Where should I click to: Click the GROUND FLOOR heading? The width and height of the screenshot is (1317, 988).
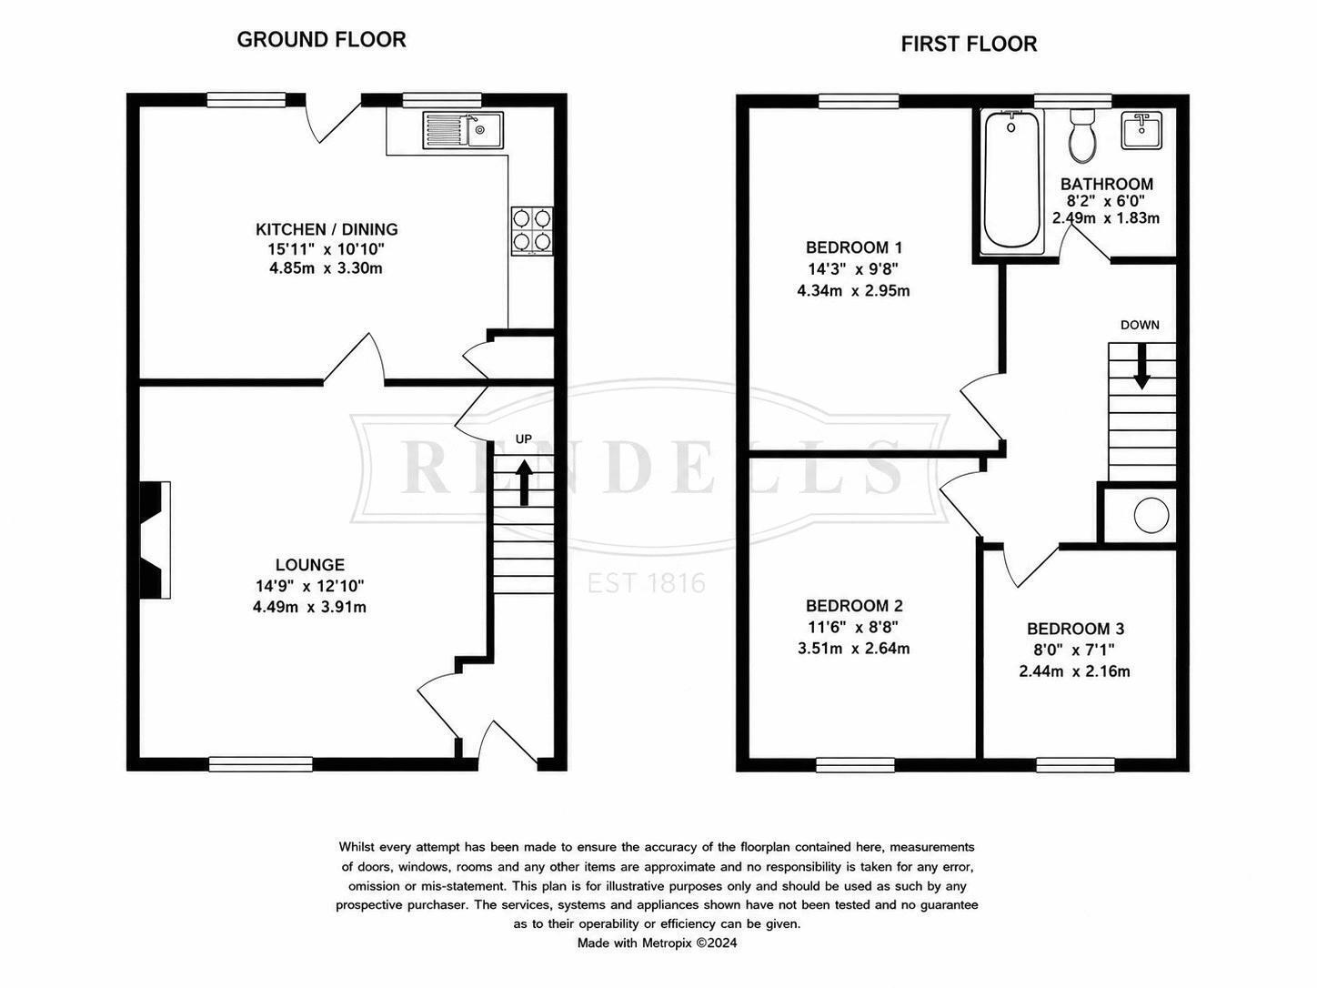(x=322, y=40)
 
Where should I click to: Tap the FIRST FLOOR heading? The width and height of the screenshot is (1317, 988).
(x=969, y=44)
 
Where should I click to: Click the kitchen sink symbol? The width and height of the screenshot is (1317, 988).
(x=463, y=130)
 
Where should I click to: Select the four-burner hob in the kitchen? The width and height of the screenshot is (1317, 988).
(x=532, y=231)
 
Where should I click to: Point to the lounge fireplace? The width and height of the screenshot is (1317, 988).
(x=155, y=539)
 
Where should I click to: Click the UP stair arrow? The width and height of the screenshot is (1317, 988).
(x=525, y=482)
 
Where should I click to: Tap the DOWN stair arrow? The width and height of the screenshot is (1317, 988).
(x=1141, y=366)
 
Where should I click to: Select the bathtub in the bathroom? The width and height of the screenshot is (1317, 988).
(x=1012, y=180)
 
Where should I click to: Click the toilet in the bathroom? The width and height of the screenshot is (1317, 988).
(x=1082, y=136)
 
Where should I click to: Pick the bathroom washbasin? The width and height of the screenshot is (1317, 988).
(x=1141, y=130)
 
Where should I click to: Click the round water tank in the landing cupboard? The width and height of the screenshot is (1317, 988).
(x=1151, y=515)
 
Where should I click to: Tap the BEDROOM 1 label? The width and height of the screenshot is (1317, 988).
(x=854, y=247)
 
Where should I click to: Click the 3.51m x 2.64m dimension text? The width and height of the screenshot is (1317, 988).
(x=853, y=649)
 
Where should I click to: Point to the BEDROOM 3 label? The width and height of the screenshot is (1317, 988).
(x=1075, y=629)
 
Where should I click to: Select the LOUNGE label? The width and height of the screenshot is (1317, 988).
(x=310, y=564)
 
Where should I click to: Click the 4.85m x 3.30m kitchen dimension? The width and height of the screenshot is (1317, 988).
(x=326, y=268)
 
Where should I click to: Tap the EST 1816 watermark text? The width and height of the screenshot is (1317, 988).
(x=646, y=582)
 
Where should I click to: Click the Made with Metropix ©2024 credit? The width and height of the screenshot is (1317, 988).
(x=657, y=943)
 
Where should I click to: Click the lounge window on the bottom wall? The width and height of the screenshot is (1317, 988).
(x=261, y=763)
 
